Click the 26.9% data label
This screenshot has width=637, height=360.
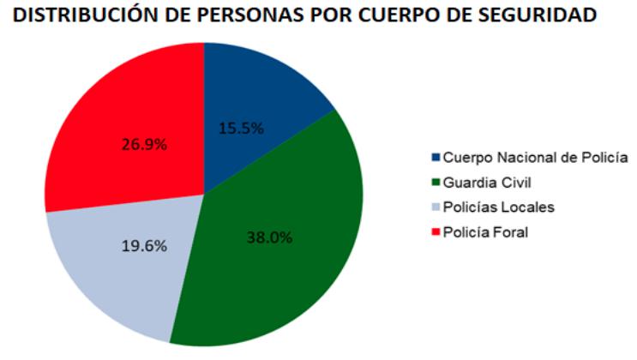click(143, 143)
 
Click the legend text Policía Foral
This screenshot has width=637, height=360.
click(486, 232)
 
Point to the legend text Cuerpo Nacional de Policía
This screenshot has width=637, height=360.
click(537, 158)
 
